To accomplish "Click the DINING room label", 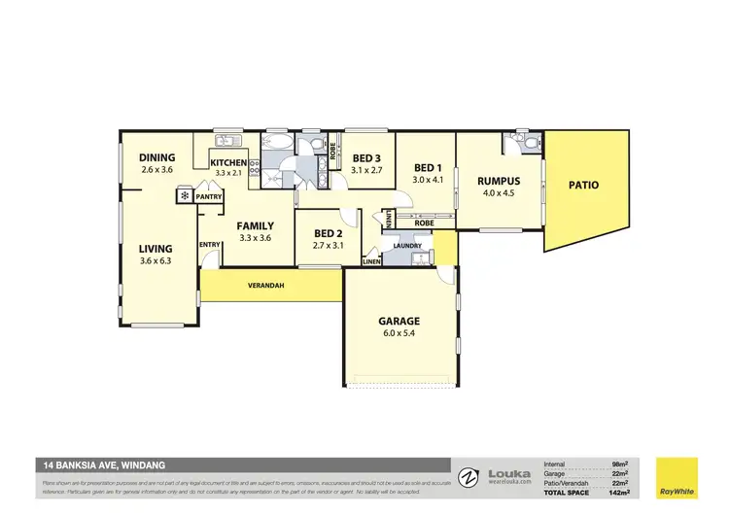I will pyautogui.click(x=156, y=157).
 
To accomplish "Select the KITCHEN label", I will pyautogui.click(x=229, y=162).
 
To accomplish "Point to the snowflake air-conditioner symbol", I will pyautogui.click(x=183, y=196).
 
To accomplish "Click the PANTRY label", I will pyautogui.click(x=209, y=197).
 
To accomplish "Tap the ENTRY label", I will pyautogui.click(x=210, y=244).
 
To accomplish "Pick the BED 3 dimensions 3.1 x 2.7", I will pyautogui.click(x=366, y=170).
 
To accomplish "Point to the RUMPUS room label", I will pyautogui.click(x=499, y=181).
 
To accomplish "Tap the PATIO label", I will pyautogui.click(x=583, y=185).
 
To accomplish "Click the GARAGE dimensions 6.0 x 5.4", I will pyautogui.click(x=399, y=333).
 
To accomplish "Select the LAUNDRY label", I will pyautogui.click(x=407, y=246).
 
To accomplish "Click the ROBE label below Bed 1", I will pyautogui.click(x=425, y=223).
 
